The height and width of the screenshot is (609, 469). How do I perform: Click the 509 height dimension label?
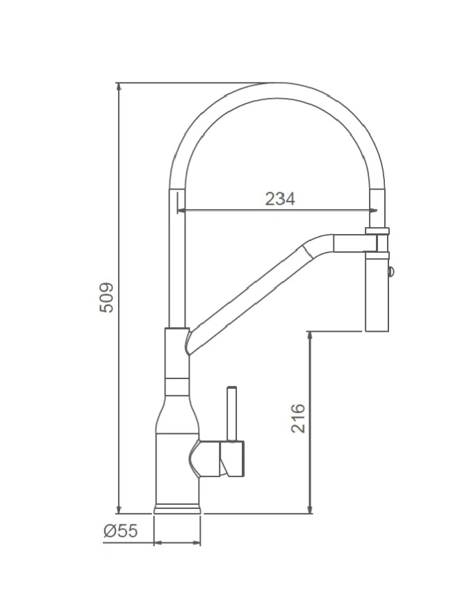pyautogui.click(x=106, y=297)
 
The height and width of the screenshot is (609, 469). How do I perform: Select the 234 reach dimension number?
pyautogui.click(x=280, y=199)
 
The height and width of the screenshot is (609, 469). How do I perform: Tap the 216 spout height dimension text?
pyautogui.click(x=298, y=418)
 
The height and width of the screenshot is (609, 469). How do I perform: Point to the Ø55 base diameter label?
pyautogui.click(x=120, y=531)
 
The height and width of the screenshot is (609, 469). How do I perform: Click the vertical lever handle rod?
pyautogui.click(x=232, y=414)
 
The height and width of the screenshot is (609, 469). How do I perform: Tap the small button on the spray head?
pyautogui.click(x=390, y=271)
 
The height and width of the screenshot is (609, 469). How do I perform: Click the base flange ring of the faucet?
pyautogui.click(x=176, y=508)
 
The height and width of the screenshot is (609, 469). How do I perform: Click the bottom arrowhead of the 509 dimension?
pyautogui.click(x=120, y=509)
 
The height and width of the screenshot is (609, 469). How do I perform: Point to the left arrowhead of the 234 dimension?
pyautogui.click(x=182, y=211)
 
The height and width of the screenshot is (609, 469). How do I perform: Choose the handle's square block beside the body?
pyautogui.click(x=231, y=460)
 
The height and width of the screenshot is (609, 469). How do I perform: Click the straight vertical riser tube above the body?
pyautogui.click(x=177, y=264)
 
